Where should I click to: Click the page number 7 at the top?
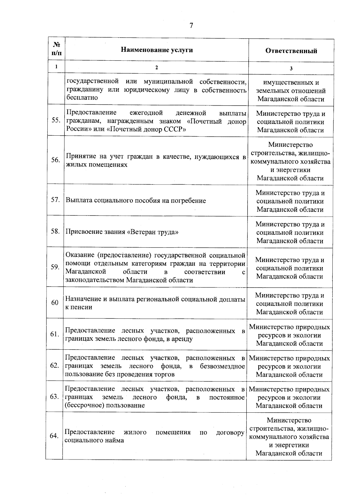(191, 26)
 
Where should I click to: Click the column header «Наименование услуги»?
(157, 50)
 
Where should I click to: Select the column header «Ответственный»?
(291, 51)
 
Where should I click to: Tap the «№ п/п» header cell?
(57, 49)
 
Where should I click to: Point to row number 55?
(56, 120)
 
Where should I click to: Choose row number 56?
(55, 160)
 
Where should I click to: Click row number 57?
(55, 200)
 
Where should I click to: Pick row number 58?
(55, 231)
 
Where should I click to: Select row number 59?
(55, 267)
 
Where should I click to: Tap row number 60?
(55, 303)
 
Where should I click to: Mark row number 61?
(55, 334)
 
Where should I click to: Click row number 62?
(54, 366)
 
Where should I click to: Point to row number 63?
(54, 397)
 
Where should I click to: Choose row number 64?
(54, 436)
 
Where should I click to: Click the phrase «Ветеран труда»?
(153, 232)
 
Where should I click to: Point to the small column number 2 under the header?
(156, 68)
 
